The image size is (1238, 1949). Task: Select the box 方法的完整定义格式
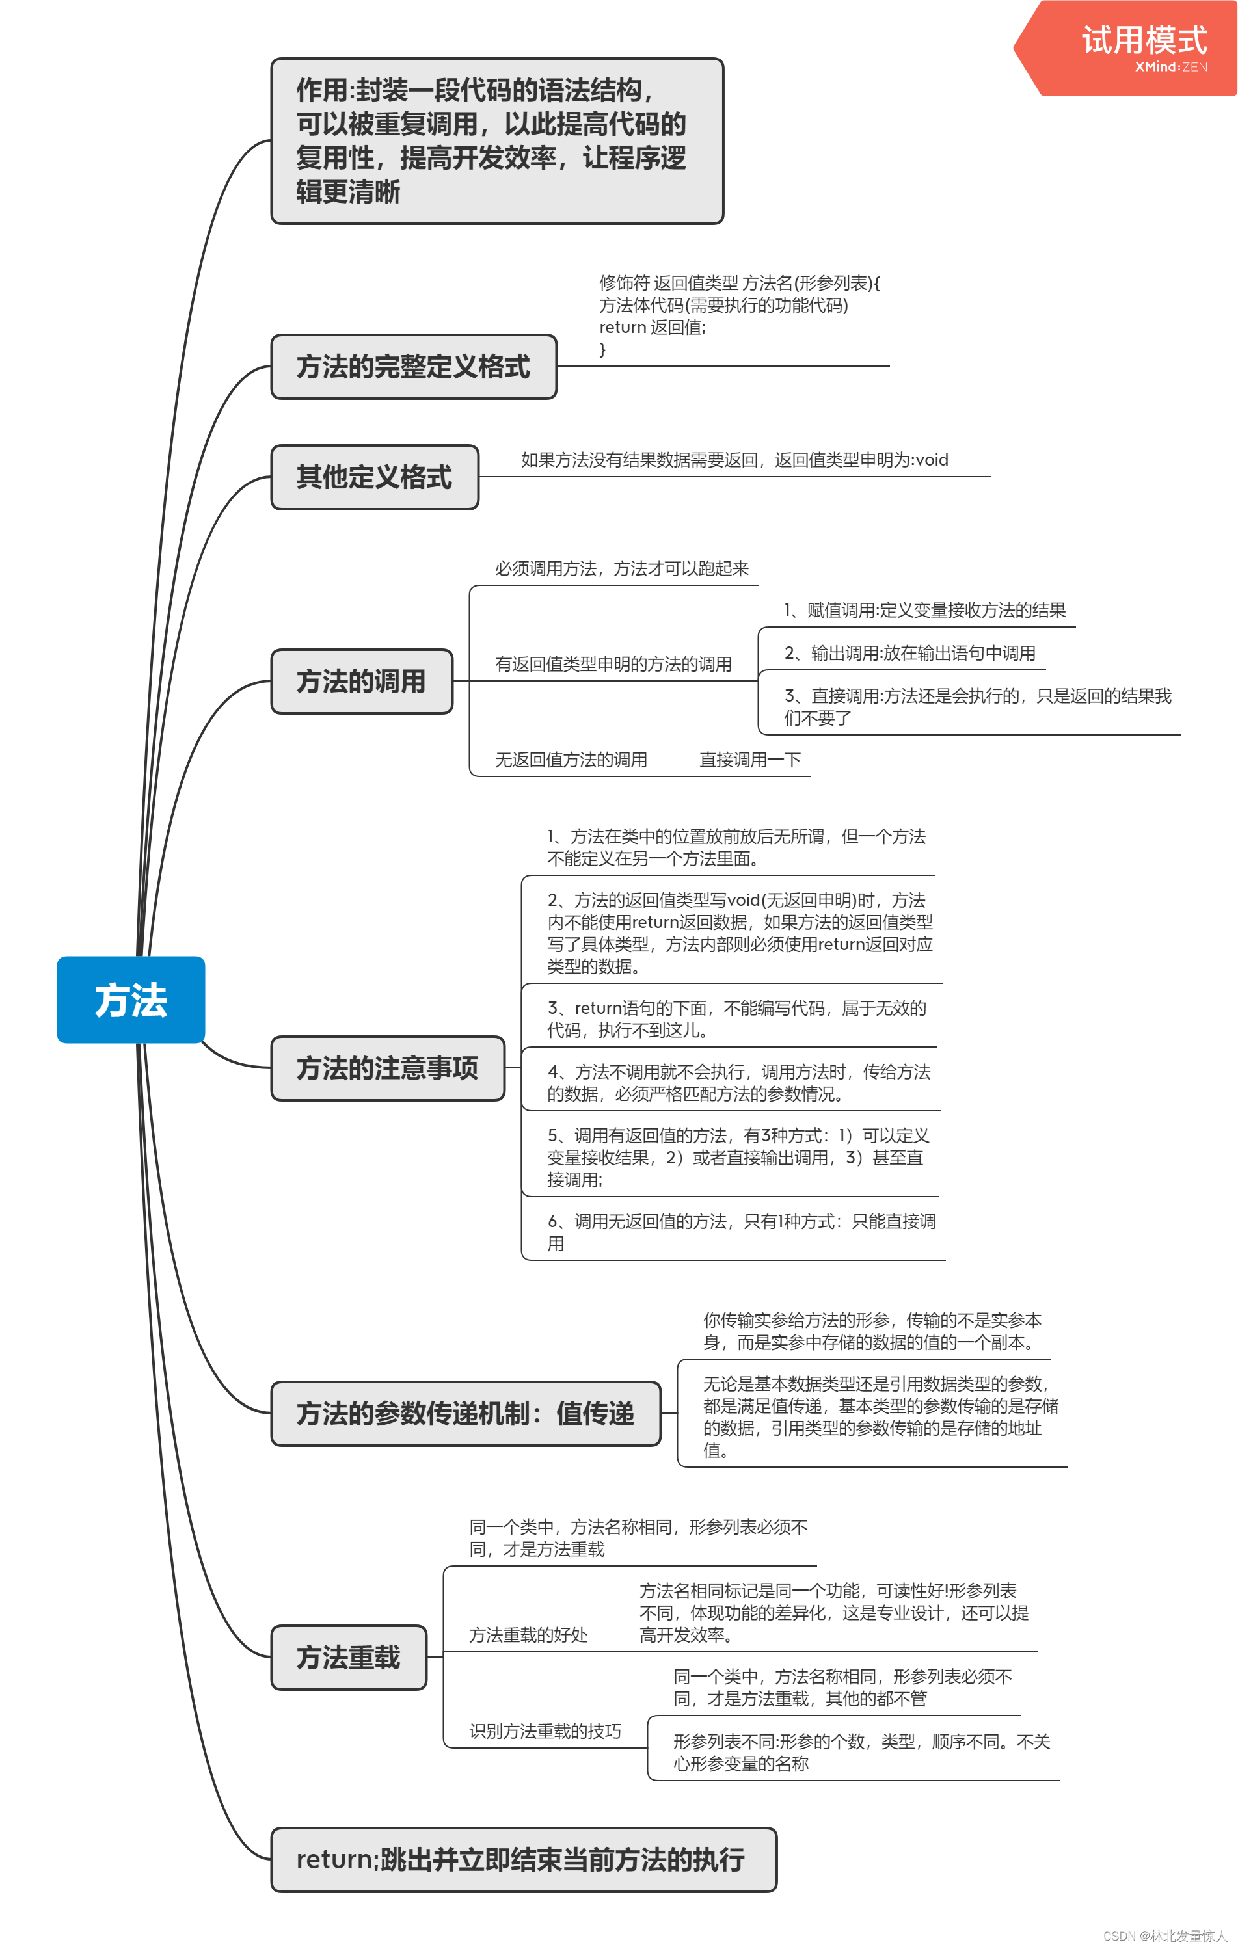click(413, 367)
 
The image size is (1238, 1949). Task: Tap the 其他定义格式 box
click(374, 477)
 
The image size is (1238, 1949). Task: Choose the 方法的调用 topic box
click(361, 681)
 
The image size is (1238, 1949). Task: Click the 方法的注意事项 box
click(387, 1068)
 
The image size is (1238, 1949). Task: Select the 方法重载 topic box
click(348, 1657)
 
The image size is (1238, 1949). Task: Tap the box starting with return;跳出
click(522, 1859)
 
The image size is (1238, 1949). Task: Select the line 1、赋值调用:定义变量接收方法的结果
click(924, 610)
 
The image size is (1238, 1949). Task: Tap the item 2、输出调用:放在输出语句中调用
click(910, 653)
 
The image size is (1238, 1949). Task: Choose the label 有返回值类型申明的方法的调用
click(613, 665)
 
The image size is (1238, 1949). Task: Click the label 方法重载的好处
click(528, 1635)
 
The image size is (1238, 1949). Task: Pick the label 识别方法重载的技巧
click(545, 1731)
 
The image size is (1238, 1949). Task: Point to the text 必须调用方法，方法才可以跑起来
click(622, 568)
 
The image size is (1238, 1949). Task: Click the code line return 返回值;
click(652, 327)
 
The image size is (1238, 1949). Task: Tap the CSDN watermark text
click(1164, 1935)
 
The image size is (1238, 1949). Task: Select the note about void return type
click(734, 460)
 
